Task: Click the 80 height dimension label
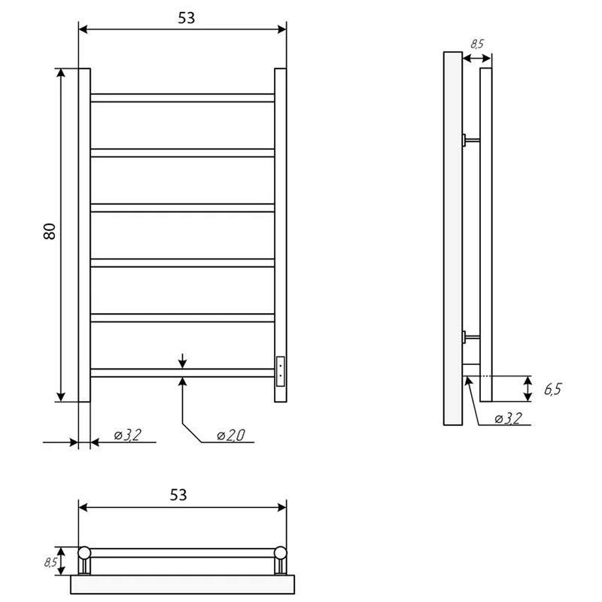tap(50, 231)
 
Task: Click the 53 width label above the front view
tap(186, 18)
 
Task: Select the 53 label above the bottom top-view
tap(178, 495)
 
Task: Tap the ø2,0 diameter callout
tap(231, 436)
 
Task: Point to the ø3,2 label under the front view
tap(128, 435)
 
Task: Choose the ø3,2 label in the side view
tap(509, 418)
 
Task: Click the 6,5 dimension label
tap(552, 389)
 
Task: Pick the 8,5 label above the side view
tap(477, 44)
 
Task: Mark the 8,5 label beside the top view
tap(50, 562)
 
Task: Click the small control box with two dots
tap(281, 371)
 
